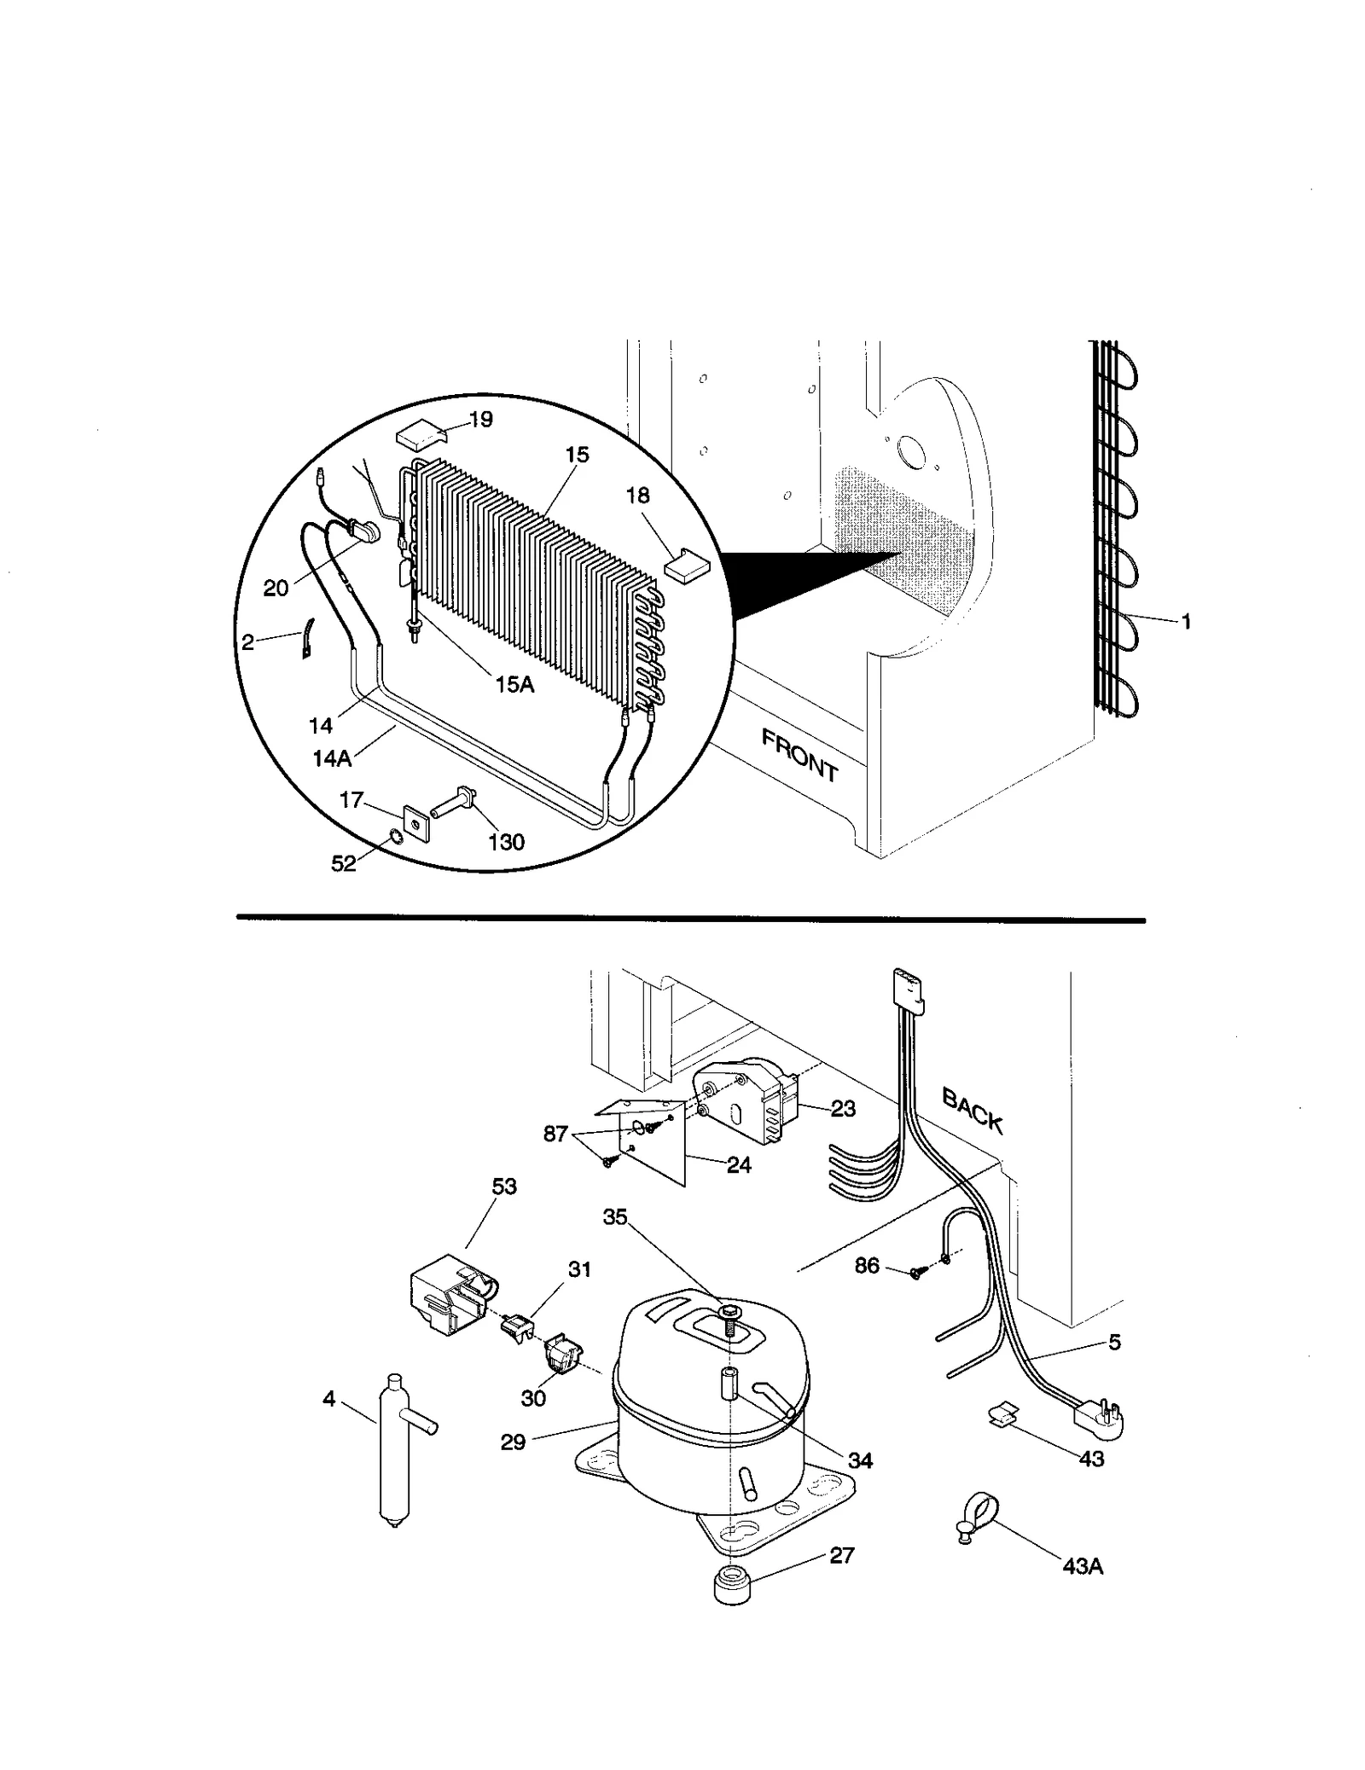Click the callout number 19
pyautogui.click(x=480, y=419)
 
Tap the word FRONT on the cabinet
pyautogui.click(x=799, y=756)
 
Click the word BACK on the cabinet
pyautogui.click(x=972, y=1109)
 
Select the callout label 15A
pyautogui.click(x=514, y=683)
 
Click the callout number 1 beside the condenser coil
pyautogui.click(x=1185, y=622)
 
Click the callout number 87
pyautogui.click(x=555, y=1135)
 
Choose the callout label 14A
pyautogui.click(x=332, y=757)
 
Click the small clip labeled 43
pyautogui.click(x=1002, y=1415)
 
